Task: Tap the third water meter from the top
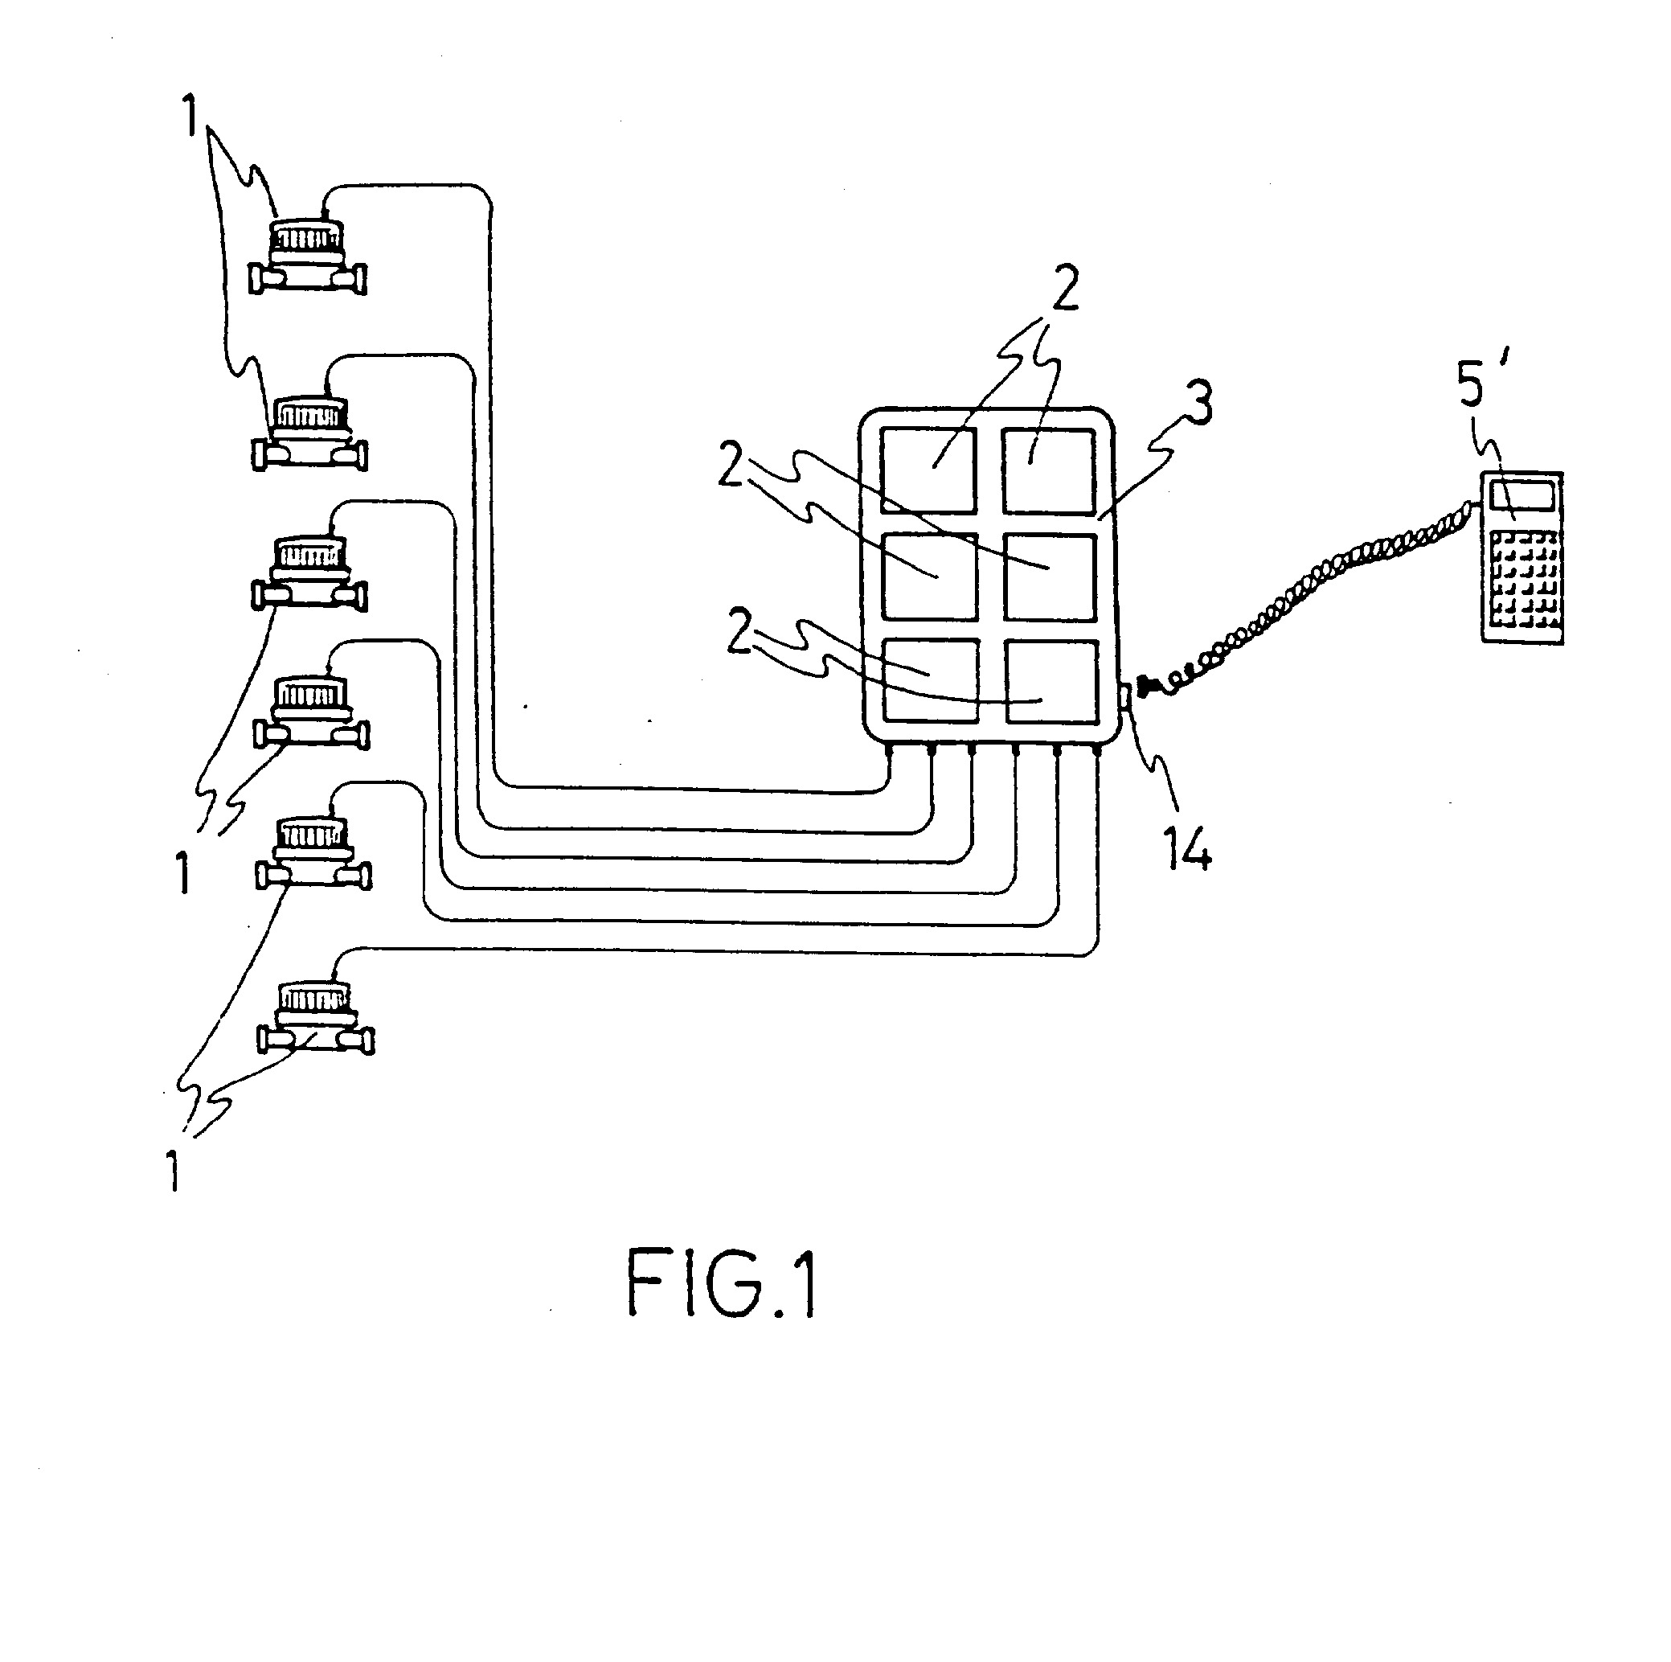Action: [x=309, y=573]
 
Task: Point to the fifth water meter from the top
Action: [x=313, y=853]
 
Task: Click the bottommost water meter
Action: [x=316, y=1017]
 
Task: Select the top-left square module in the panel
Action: [x=928, y=470]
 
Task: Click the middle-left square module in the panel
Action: [x=928, y=577]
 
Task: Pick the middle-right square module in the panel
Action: [x=1049, y=577]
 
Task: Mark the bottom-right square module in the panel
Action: [x=1051, y=681]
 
